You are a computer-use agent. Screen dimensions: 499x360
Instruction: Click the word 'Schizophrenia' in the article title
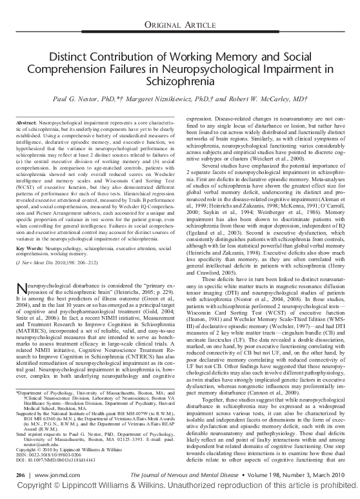coord(179,84)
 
